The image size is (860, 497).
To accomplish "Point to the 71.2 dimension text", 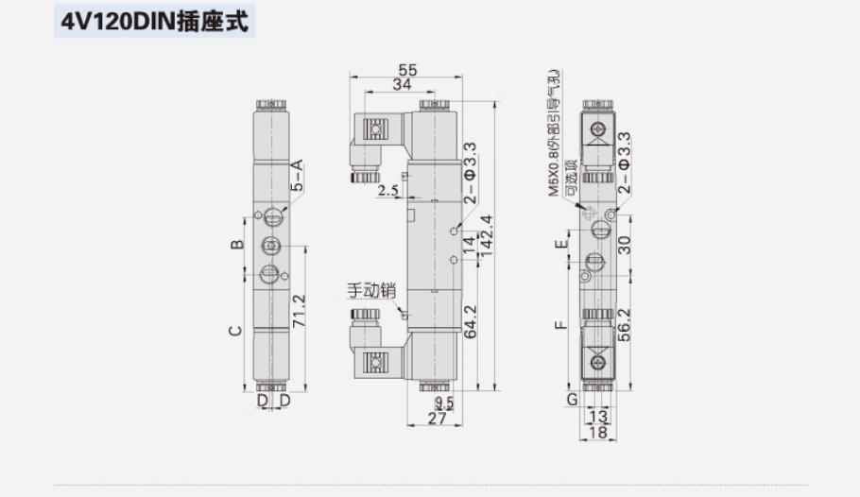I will click(x=299, y=312).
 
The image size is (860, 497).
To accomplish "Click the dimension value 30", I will click(x=624, y=245).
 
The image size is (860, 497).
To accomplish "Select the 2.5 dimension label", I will click(x=387, y=192).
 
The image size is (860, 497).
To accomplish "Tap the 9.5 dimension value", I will click(x=444, y=403).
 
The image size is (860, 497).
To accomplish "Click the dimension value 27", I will click(x=436, y=419).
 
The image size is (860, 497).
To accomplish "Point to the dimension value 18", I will click(x=597, y=432).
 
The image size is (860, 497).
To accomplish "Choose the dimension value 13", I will click(x=597, y=416).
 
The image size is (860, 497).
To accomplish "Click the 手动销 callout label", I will click(x=368, y=292).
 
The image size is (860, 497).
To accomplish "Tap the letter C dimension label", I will click(x=237, y=331).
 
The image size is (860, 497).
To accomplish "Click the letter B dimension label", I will click(x=237, y=245).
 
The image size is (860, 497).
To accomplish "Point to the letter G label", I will click(x=572, y=400).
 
